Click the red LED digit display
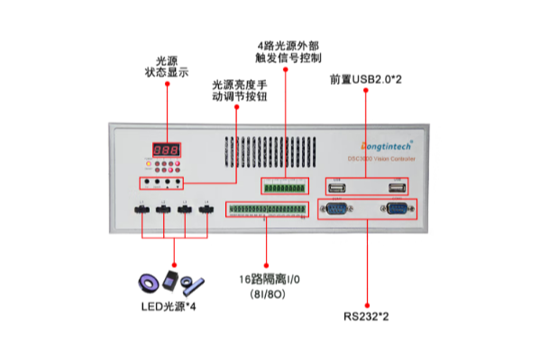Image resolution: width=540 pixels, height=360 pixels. pyautogui.click(x=166, y=149)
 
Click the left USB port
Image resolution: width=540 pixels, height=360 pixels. pyautogui.click(x=337, y=187)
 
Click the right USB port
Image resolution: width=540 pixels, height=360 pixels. pyautogui.click(x=395, y=187)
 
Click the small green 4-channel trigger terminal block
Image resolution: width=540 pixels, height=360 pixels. pyautogui.click(x=283, y=187)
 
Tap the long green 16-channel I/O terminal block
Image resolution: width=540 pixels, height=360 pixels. pyautogui.click(x=265, y=210)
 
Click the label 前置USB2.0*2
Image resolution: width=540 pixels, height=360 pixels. pyautogui.click(x=366, y=78)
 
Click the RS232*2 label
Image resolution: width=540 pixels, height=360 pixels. pyautogui.click(x=367, y=317)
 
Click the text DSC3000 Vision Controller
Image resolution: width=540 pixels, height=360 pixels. pyautogui.click(x=382, y=158)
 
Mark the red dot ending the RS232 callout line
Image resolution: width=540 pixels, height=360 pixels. pyautogui.click(x=367, y=301)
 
